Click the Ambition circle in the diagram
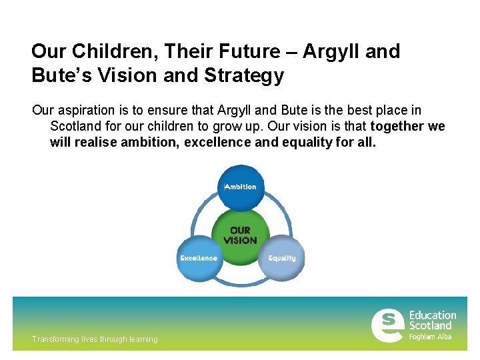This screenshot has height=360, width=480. click(x=241, y=187)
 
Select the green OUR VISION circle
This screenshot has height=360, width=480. click(x=240, y=234)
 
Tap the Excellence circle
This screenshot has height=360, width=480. click(x=199, y=258)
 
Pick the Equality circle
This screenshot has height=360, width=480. click(x=282, y=258)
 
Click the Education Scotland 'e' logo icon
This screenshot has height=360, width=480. click(x=387, y=325)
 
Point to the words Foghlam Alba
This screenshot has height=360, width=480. click(x=430, y=337)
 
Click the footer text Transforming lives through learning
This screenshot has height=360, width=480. click(x=95, y=339)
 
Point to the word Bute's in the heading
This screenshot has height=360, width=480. click(x=61, y=75)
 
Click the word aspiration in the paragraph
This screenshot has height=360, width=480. click(x=86, y=110)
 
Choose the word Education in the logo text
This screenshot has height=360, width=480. click(x=433, y=315)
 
